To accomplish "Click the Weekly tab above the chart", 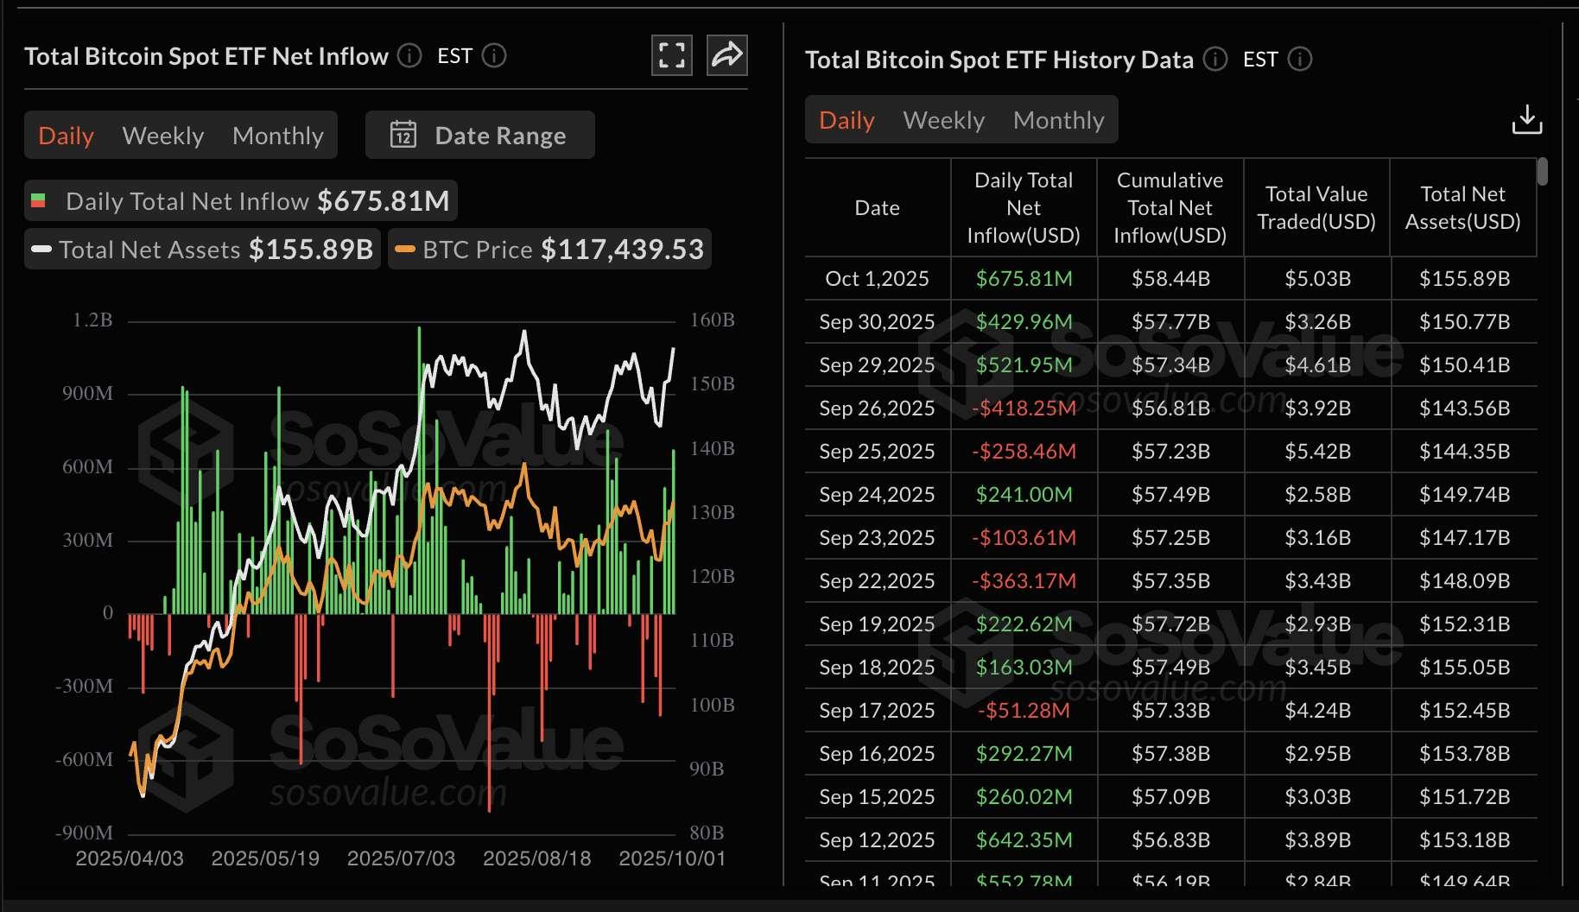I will point(163,136).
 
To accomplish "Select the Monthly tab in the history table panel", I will point(1058,120).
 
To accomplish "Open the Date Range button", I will point(480,136).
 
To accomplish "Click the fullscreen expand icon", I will point(671,55).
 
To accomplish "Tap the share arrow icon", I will point(726,55).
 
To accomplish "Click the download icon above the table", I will point(1526,120).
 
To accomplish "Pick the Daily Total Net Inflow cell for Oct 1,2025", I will point(1024,278).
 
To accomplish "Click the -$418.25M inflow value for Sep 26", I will point(1024,408).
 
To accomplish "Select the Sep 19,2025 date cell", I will point(877,624).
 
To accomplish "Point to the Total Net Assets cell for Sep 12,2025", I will point(1464,839).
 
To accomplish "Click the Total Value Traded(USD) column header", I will point(1316,207).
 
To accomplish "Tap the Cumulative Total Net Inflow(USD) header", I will point(1170,207).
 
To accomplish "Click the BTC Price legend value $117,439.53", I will point(622,250).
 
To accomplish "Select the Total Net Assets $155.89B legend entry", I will point(202,250).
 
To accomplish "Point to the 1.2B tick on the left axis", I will point(92,320).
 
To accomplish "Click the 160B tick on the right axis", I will point(712,320).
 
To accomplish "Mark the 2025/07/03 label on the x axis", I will point(401,858).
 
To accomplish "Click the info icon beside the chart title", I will point(409,56).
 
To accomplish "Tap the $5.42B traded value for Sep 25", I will point(1317,451).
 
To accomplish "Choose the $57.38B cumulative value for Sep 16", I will point(1170,753).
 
